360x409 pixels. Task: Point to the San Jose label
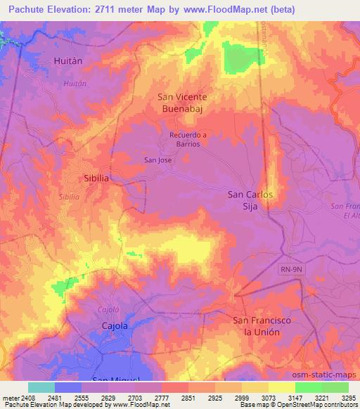[158, 160]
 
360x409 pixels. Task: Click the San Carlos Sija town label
[250, 200]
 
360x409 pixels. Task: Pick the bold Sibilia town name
[96, 178]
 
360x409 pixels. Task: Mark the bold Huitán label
[68, 61]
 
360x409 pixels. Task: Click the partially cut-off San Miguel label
[112, 379]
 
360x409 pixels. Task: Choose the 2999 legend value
[240, 397]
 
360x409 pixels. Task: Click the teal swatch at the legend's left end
[41, 387]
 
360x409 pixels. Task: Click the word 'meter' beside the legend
[9, 397]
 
